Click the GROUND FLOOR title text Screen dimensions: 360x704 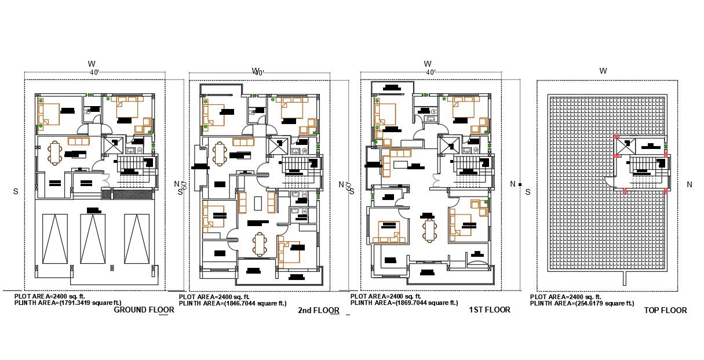pos(144,310)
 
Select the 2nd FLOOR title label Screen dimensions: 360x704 pos(318,311)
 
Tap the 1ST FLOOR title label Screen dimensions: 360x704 pos(489,310)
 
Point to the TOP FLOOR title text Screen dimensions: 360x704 pos(665,311)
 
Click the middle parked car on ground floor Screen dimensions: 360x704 pos(92,239)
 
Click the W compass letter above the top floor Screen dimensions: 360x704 pos(603,71)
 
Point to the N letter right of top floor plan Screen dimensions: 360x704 pos(689,185)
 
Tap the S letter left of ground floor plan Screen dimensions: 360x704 pos(16,191)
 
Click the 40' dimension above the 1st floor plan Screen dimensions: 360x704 pos(430,72)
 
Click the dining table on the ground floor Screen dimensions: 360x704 pos(56,154)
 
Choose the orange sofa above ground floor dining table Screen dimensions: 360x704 pos(79,141)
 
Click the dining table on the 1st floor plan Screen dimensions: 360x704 pos(429,230)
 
